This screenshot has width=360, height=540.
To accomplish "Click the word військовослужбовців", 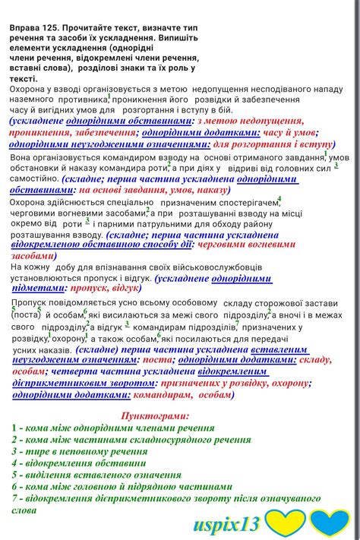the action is pyautogui.click(x=211, y=267).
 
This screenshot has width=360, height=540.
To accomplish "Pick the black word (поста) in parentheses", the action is pyautogui.click(x=27, y=314).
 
